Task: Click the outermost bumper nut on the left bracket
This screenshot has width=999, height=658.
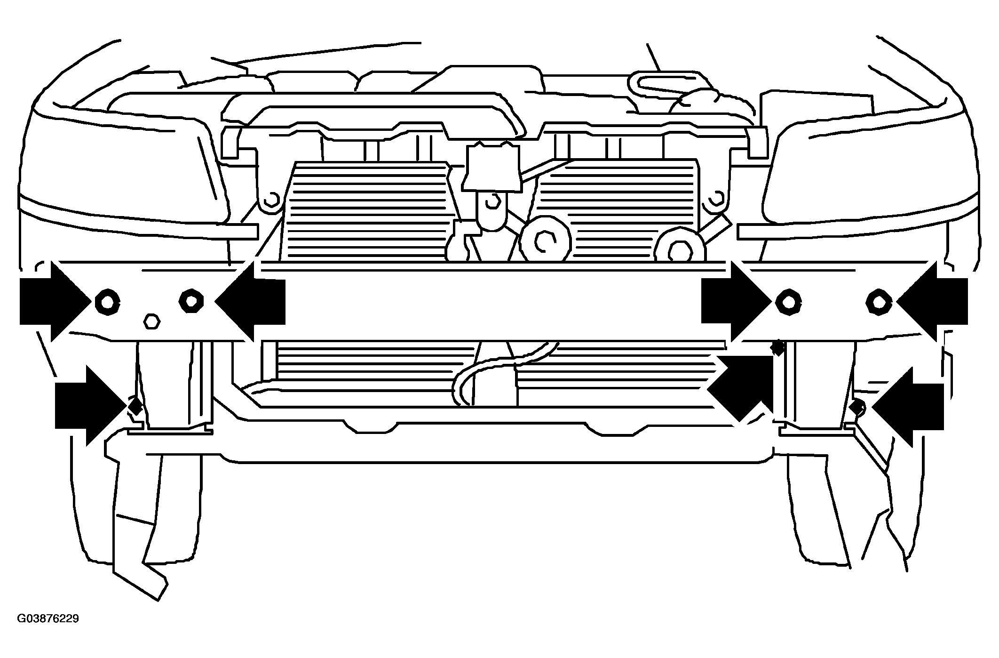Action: click(107, 301)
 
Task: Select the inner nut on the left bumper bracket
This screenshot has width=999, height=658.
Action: click(191, 300)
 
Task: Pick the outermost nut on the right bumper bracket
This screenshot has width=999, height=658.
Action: click(879, 301)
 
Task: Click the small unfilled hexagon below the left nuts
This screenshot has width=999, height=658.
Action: click(151, 322)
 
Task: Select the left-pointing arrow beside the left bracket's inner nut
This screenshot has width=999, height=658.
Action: click(250, 301)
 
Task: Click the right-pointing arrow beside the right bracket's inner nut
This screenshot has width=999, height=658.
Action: click(737, 301)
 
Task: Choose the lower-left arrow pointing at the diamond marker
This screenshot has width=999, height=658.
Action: click(91, 406)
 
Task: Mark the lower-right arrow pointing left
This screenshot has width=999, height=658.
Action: click(908, 407)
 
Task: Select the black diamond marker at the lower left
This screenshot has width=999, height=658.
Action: click(136, 406)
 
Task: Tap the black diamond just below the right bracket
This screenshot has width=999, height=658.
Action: click(777, 347)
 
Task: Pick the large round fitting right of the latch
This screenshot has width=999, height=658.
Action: click(546, 243)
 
